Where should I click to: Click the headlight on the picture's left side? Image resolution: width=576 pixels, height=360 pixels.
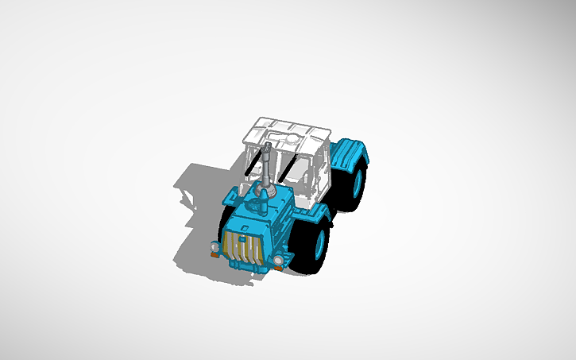215,248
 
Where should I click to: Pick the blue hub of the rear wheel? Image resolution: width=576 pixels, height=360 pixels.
358,180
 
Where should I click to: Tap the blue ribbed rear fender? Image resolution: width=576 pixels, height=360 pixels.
350,150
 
